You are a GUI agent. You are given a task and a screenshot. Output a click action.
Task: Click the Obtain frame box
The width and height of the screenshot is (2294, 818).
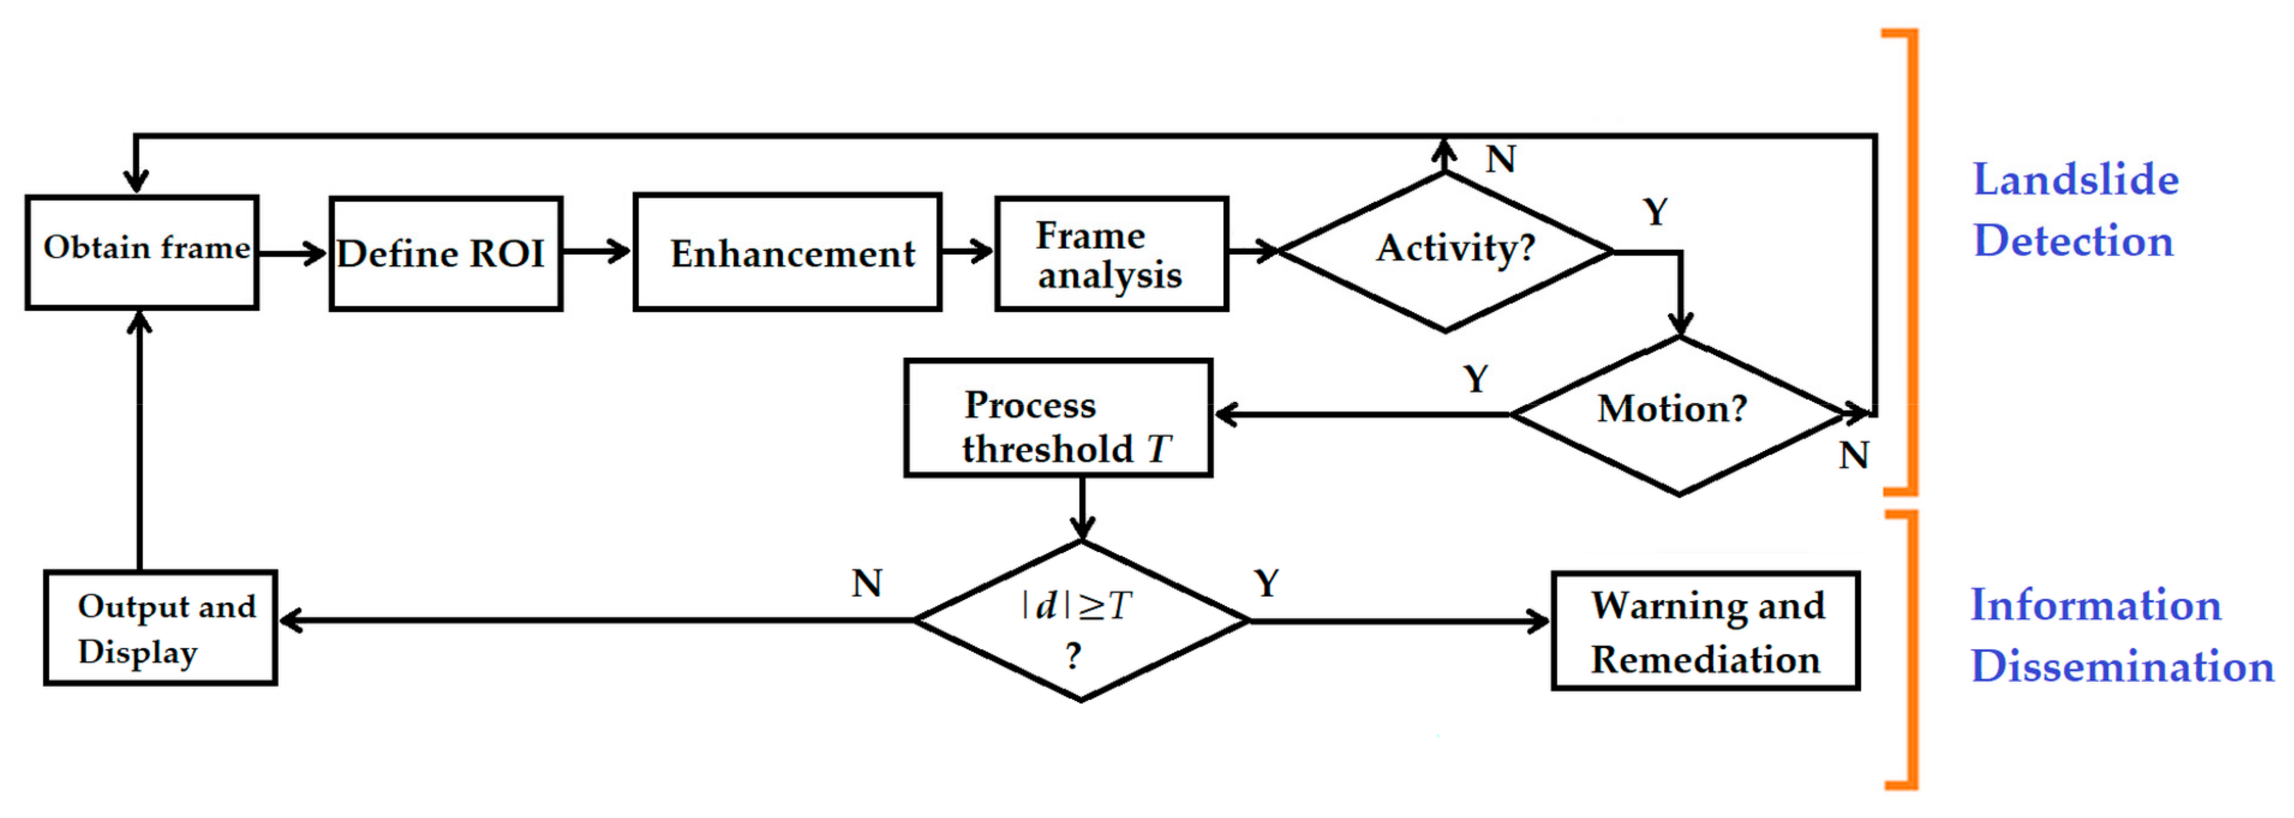[142, 252]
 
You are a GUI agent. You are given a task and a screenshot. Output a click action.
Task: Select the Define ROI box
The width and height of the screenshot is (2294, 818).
[446, 254]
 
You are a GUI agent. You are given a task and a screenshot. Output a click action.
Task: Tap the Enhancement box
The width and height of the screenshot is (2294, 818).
[787, 252]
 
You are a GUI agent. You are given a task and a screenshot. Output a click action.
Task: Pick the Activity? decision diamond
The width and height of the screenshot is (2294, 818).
[1446, 252]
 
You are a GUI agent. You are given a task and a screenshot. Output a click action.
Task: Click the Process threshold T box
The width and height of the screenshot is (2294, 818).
[1058, 418]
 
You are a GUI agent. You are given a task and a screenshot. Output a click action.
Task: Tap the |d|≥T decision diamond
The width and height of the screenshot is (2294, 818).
[1081, 621]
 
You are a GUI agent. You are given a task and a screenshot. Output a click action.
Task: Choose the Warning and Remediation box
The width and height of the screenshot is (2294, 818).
[1706, 631]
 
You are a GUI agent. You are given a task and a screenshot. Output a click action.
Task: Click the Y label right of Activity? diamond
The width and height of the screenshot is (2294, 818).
[1654, 212]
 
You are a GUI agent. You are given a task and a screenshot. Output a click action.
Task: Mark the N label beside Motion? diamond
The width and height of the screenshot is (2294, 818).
[1854, 456]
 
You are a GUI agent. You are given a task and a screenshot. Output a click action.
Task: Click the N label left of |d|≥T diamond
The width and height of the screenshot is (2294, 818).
[866, 584]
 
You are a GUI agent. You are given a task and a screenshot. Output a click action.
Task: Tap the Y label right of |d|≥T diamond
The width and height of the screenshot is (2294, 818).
[1266, 584]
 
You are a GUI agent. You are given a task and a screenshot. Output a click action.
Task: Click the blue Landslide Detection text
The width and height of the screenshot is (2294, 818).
[2075, 210]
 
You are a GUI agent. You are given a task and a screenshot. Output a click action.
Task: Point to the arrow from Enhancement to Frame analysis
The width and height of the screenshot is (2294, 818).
[968, 252]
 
